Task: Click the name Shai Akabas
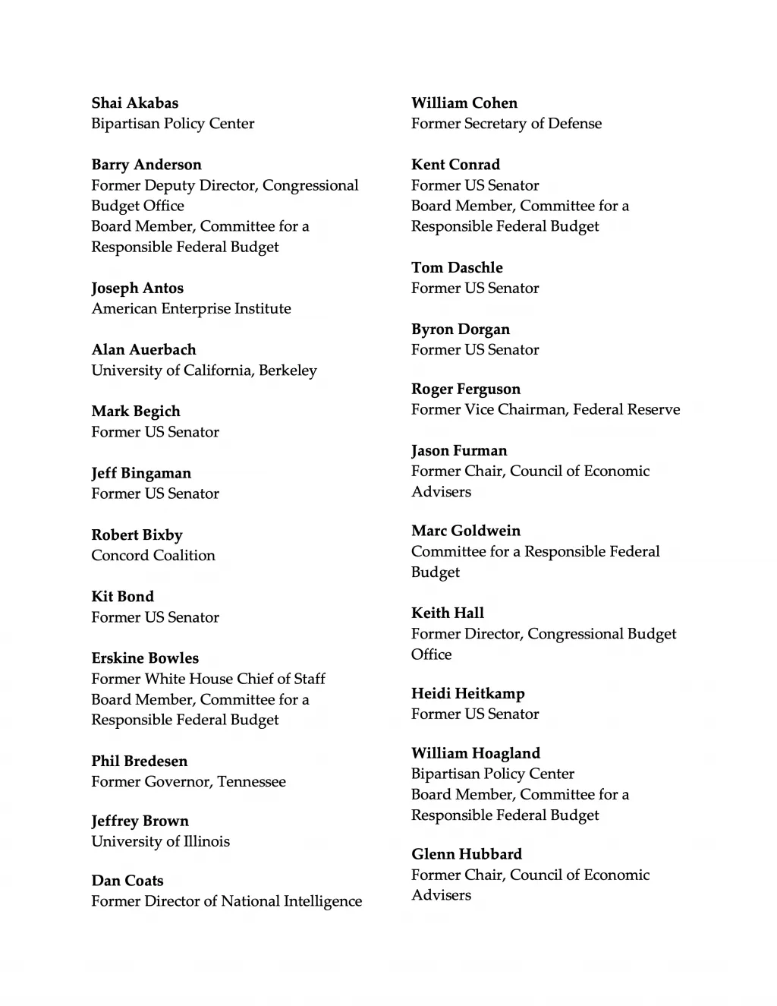135,103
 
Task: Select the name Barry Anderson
146,165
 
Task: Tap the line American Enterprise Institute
191,308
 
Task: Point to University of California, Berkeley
204,371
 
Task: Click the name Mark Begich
136,412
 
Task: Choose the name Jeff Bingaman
141,474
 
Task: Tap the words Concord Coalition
153,556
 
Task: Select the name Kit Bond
123,597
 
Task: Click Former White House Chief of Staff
208,679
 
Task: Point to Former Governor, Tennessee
188,781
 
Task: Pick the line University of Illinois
160,841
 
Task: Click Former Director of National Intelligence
226,901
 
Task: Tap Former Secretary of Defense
506,124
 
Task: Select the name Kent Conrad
455,165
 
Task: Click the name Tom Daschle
457,268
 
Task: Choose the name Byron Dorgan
461,330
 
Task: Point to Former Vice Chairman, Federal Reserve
546,410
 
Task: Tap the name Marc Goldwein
466,531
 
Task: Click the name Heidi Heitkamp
467,693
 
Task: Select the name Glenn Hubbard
467,854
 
